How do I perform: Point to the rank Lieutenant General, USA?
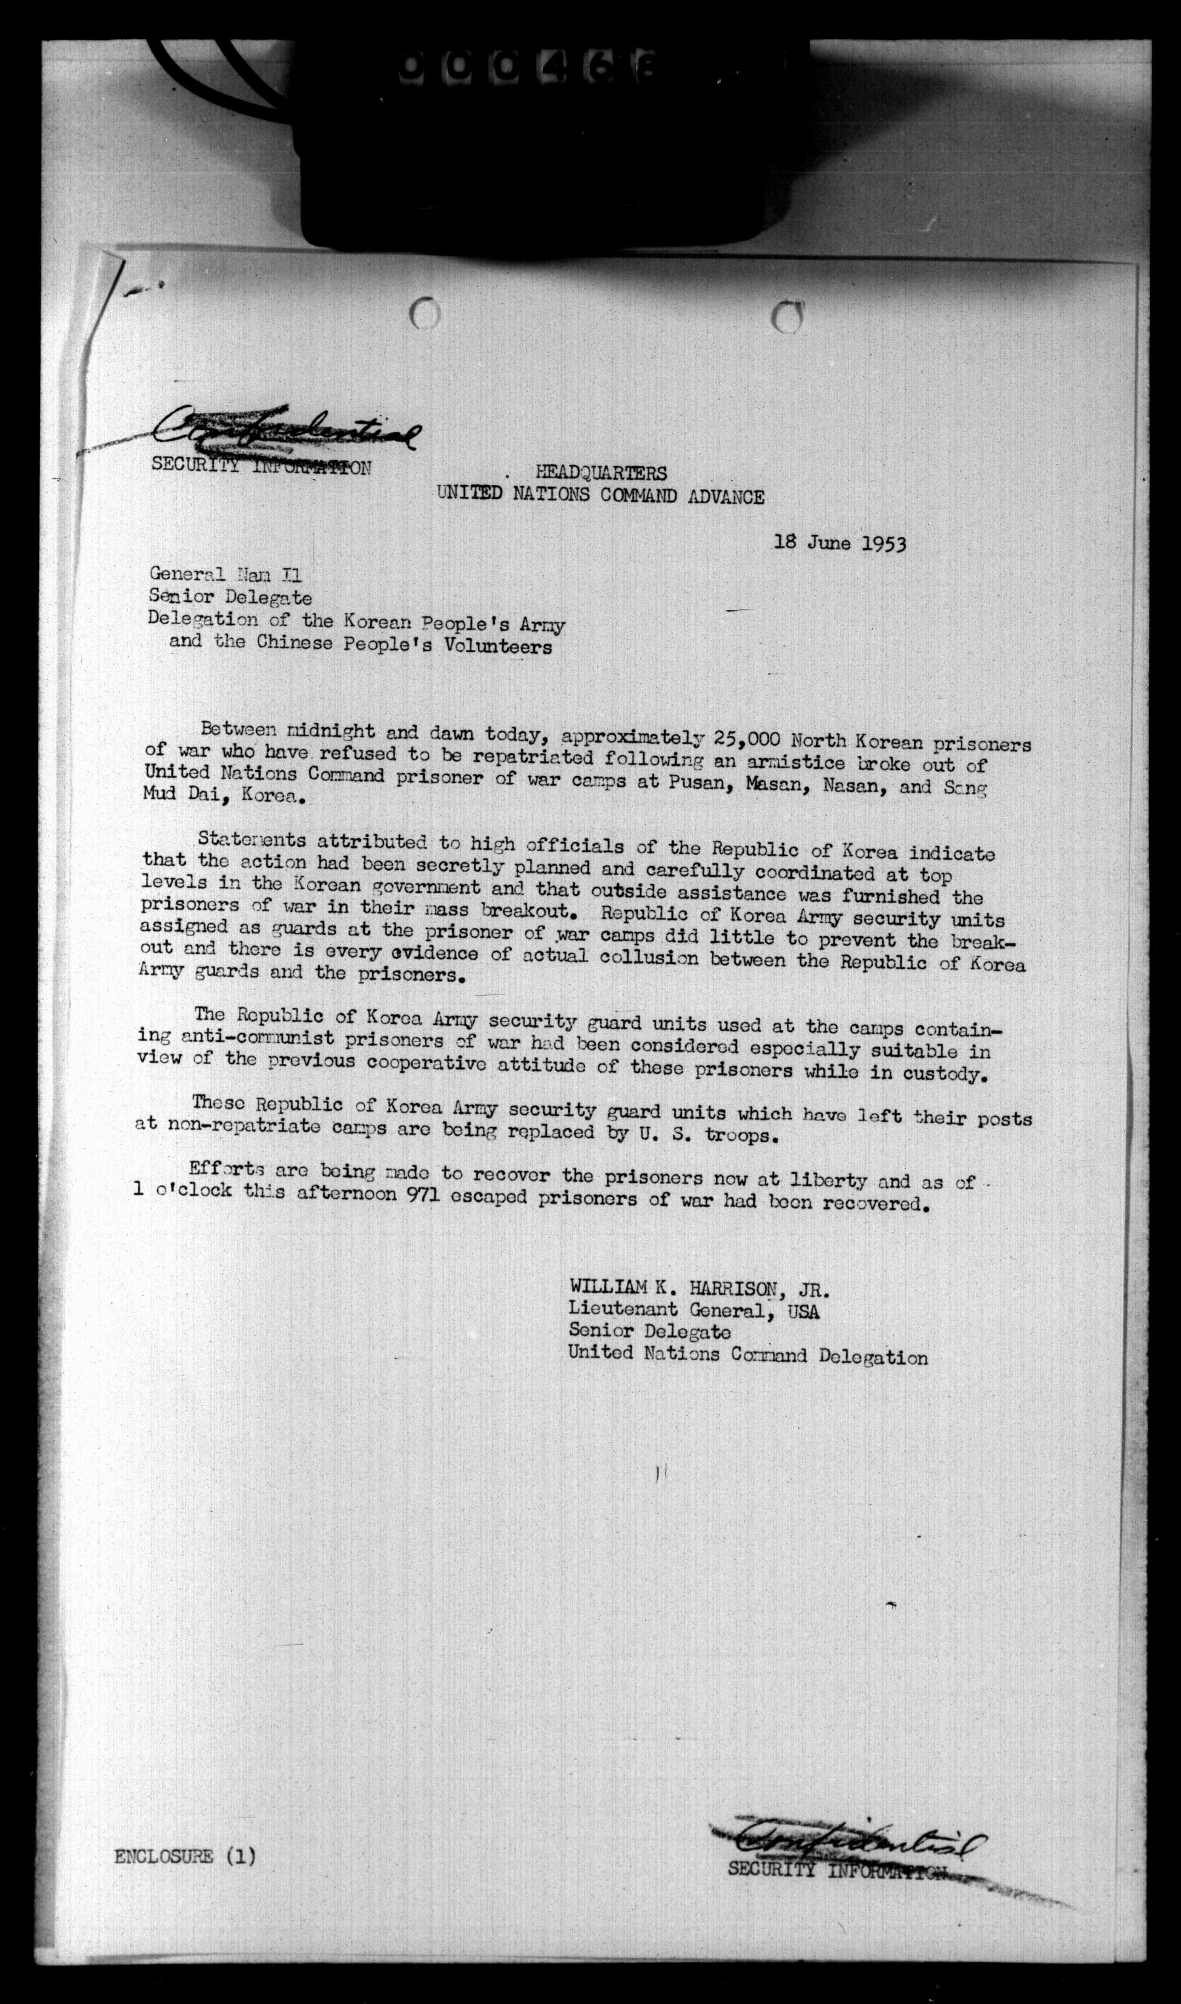click(x=693, y=1310)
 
